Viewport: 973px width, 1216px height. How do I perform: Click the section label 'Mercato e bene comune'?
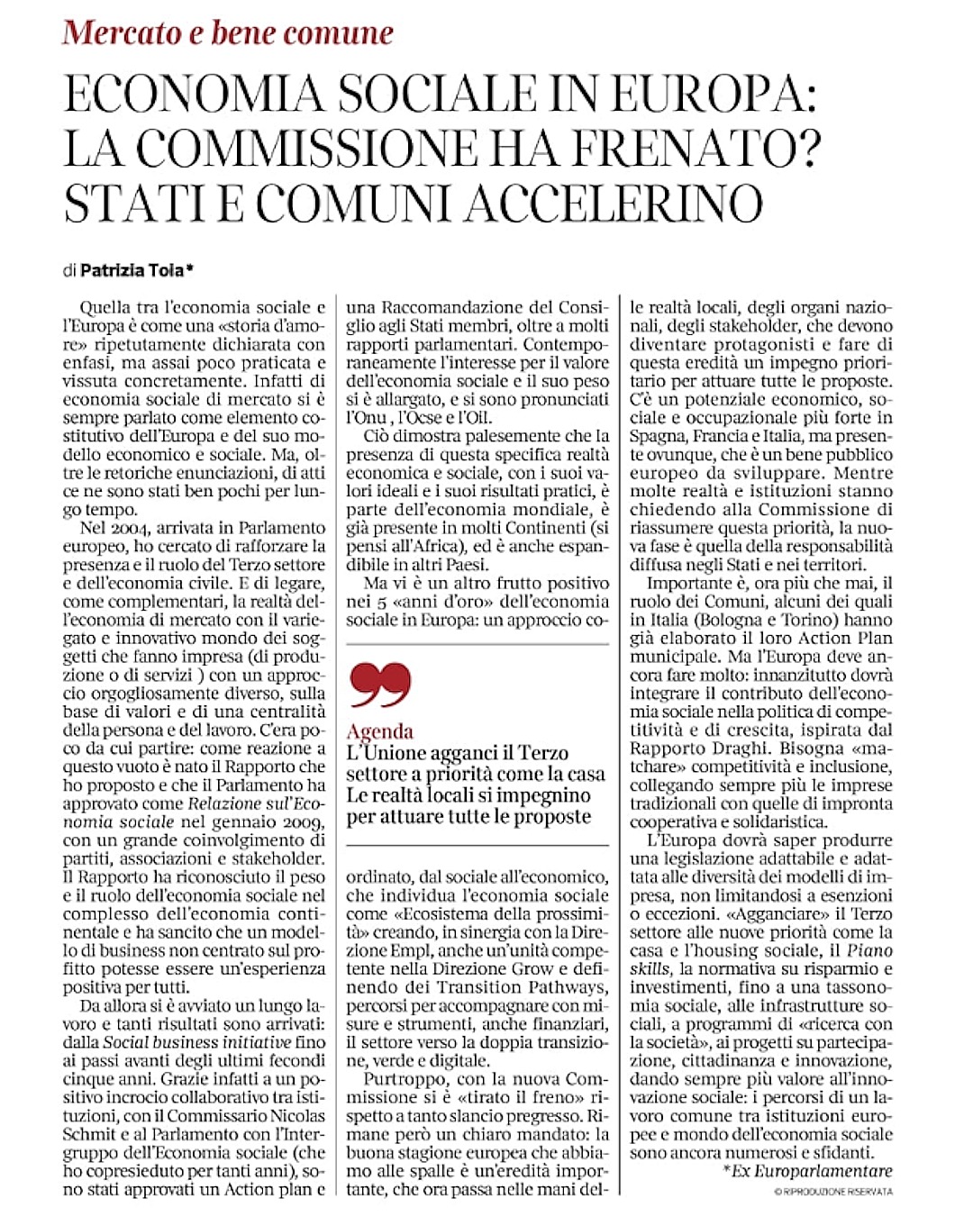tap(228, 33)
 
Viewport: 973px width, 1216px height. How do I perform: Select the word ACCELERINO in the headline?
tap(614, 204)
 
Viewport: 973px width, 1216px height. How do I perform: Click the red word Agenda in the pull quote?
tap(379, 731)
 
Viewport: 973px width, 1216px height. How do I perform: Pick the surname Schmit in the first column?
tap(89, 1134)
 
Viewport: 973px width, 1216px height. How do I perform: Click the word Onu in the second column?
tap(360, 418)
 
